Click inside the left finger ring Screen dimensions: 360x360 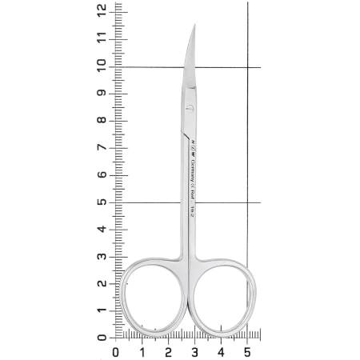tap(149, 296)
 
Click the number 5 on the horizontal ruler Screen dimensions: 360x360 tap(247, 350)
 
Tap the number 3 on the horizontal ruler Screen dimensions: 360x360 tap(194, 350)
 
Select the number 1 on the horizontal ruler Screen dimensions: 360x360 tap(142, 350)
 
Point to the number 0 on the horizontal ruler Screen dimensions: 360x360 tap(116, 350)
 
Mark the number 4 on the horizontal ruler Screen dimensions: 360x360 tap(221, 350)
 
